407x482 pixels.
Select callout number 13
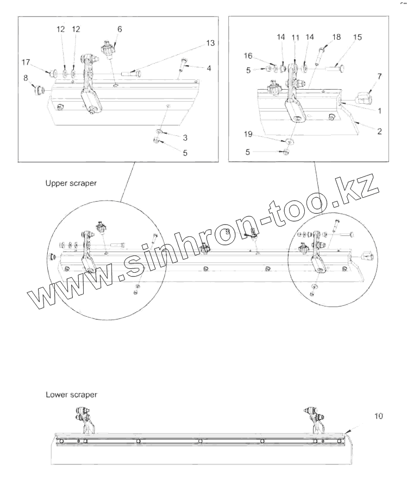210,42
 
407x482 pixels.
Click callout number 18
336,37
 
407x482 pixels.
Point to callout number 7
379,77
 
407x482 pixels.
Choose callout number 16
248,55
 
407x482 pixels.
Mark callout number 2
379,131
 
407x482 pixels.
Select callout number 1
379,110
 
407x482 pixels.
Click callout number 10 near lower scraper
379,416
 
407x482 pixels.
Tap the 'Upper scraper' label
71,183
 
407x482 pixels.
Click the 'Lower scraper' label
71,395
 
